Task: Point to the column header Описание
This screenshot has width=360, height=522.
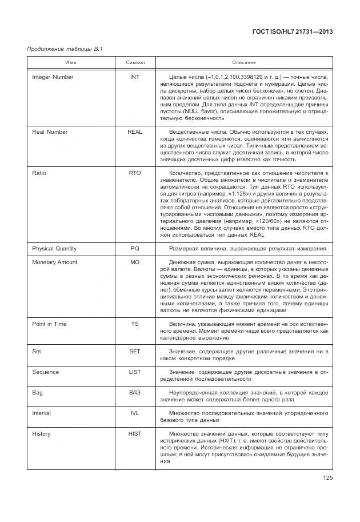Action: pyautogui.click(x=244, y=62)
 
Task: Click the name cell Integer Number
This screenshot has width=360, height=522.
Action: pyautogui.click(x=53, y=77)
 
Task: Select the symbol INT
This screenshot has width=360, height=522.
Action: pyautogui.click(x=135, y=77)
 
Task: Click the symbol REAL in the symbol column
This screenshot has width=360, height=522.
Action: pyautogui.click(x=135, y=132)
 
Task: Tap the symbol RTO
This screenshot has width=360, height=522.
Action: pyautogui.click(x=135, y=173)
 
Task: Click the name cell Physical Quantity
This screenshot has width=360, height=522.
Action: pyautogui.click(x=54, y=249)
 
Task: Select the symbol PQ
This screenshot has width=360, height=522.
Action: pyautogui.click(x=135, y=249)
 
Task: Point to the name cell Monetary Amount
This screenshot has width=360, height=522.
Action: pyautogui.click(x=55, y=262)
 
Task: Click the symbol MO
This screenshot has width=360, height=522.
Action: pyautogui.click(x=135, y=262)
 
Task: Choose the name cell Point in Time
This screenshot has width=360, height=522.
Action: pyautogui.click(x=49, y=324)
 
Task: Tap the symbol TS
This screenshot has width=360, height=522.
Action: pyautogui.click(x=135, y=324)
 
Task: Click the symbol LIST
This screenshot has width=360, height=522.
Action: pyautogui.click(x=135, y=372)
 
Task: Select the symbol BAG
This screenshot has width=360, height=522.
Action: pyautogui.click(x=135, y=393)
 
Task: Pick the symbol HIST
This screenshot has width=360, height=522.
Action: pyautogui.click(x=135, y=434)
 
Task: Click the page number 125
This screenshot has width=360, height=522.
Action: pyautogui.click(x=327, y=478)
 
